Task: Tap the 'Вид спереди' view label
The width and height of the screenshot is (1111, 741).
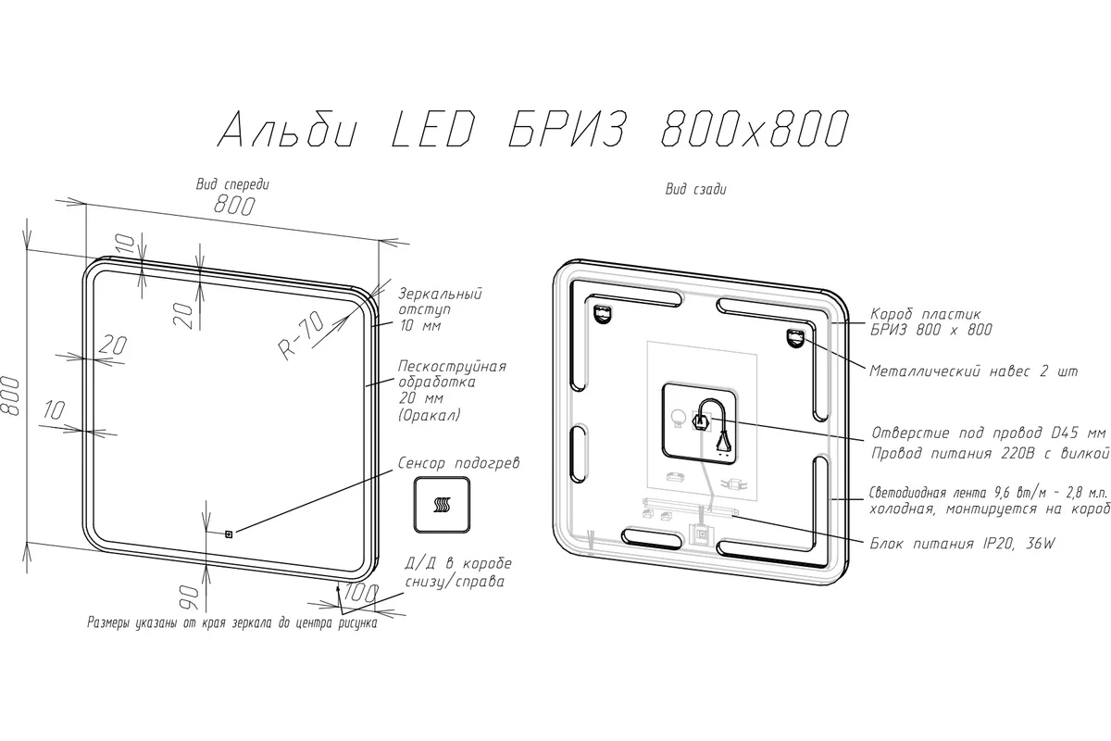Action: coord(232,184)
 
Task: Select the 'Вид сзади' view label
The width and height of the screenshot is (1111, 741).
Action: coord(696,189)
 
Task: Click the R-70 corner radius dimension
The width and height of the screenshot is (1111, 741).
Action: coord(301,335)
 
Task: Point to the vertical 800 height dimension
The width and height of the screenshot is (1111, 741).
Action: coord(10,396)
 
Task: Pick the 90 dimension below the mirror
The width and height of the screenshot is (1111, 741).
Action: coord(189,597)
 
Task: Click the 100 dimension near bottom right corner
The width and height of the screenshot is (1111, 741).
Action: coord(361,593)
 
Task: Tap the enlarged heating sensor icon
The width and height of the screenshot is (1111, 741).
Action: coord(442,505)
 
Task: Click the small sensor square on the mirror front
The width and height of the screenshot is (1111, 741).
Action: coord(230,534)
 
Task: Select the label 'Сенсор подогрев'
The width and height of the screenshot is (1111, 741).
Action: coord(459,463)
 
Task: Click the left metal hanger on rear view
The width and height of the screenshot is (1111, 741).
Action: coord(602,314)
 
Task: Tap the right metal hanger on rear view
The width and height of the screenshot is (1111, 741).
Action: coord(795,338)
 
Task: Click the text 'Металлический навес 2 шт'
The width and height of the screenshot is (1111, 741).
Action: coord(974,371)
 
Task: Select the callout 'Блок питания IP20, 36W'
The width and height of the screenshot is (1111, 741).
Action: coord(962,544)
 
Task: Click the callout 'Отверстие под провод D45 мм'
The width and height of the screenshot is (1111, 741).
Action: coord(989,433)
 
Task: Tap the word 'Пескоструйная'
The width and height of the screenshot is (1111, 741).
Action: coord(452,366)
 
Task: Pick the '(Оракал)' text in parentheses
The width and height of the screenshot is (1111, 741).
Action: coord(429,415)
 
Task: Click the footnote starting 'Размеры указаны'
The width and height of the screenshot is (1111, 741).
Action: coord(232,622)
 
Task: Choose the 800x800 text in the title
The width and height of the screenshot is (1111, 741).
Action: coord(755,129)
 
